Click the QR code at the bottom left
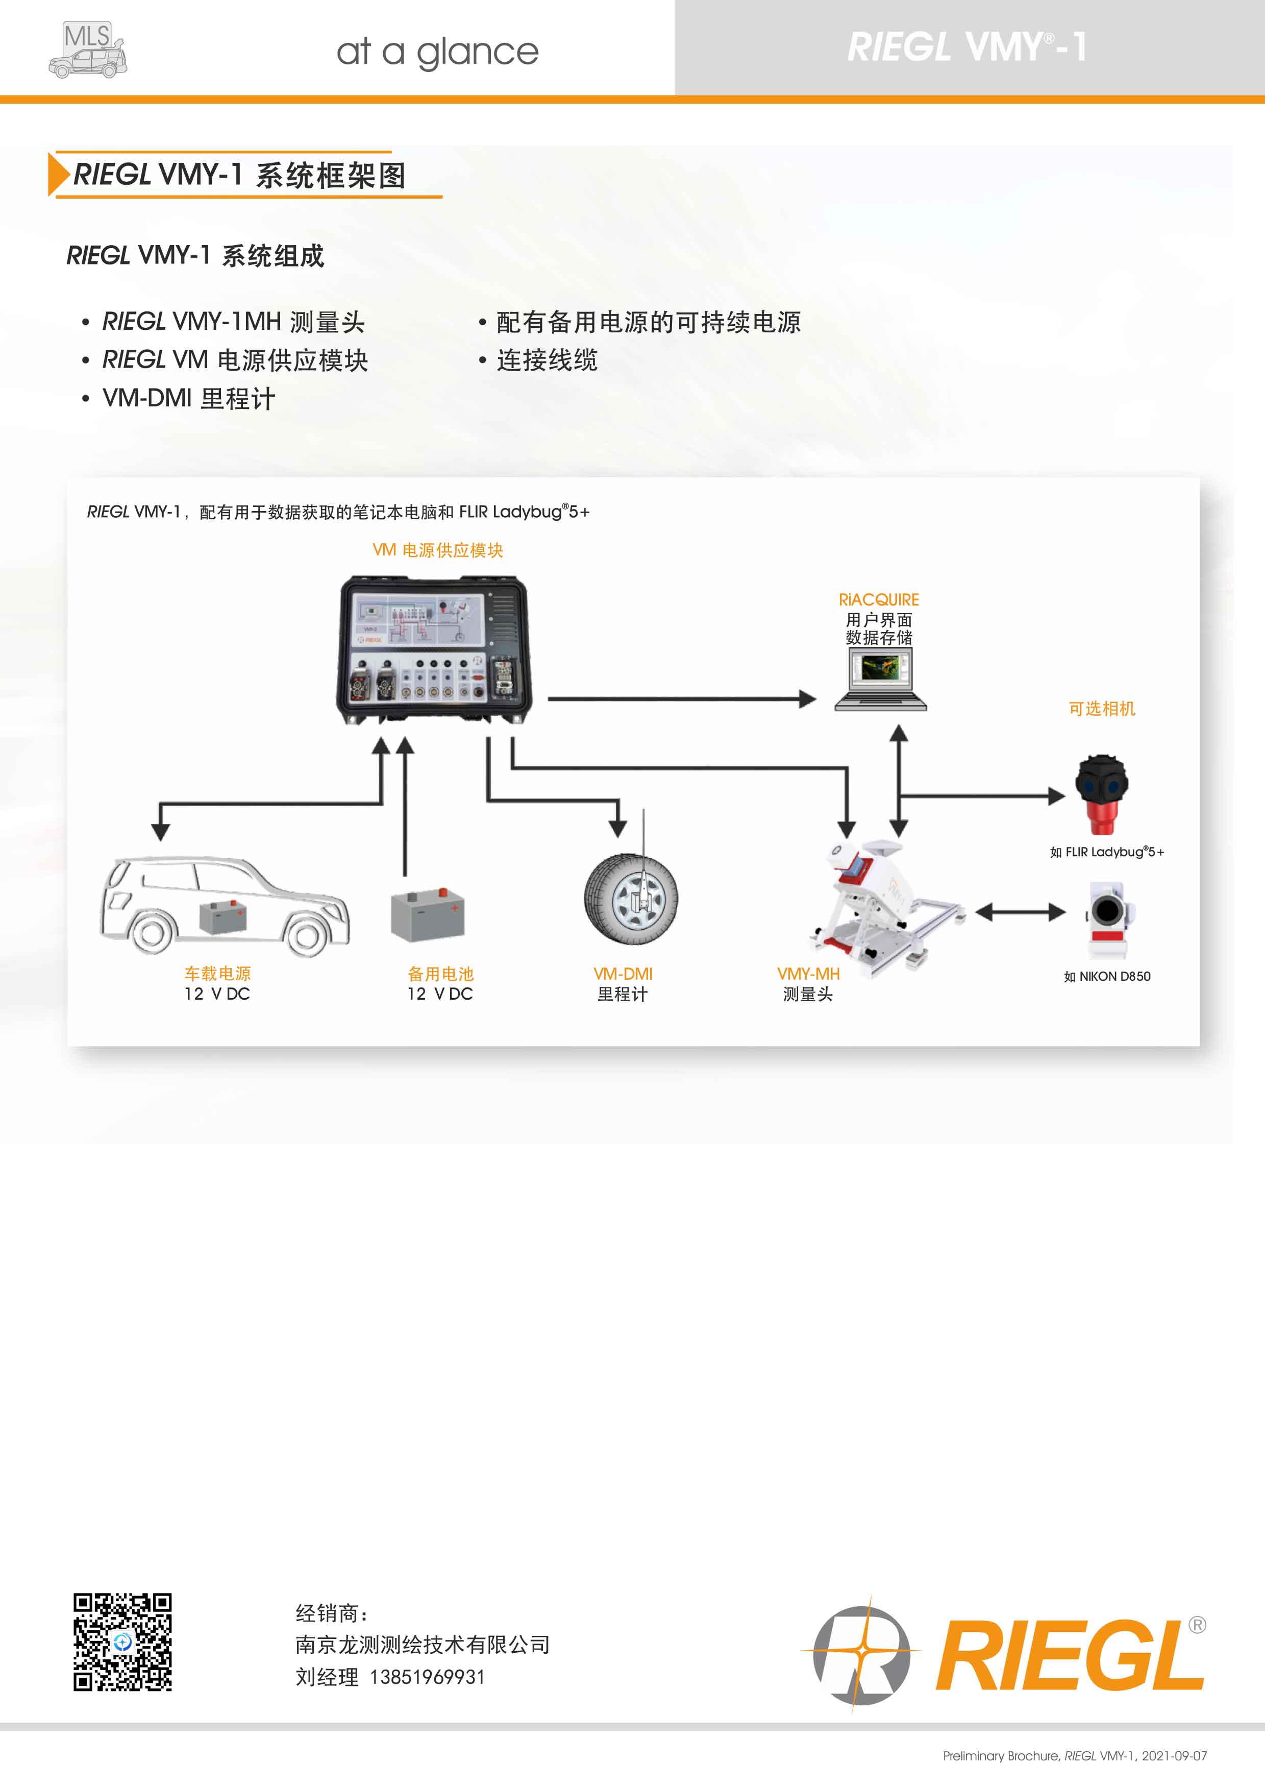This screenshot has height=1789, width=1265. (122, 1642)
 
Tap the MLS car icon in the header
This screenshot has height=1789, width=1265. (87, 50)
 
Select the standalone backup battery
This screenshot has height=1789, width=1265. (427, 915)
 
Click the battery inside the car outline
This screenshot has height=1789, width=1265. (223, 917)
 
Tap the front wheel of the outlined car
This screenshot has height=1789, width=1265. (307, 933)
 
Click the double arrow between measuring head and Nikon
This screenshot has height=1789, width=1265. (1021, 912)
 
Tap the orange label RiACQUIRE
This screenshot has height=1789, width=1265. (879, 600)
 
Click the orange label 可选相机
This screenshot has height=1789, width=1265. (1101, 709)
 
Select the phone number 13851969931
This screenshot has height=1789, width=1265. (427, 1677)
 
